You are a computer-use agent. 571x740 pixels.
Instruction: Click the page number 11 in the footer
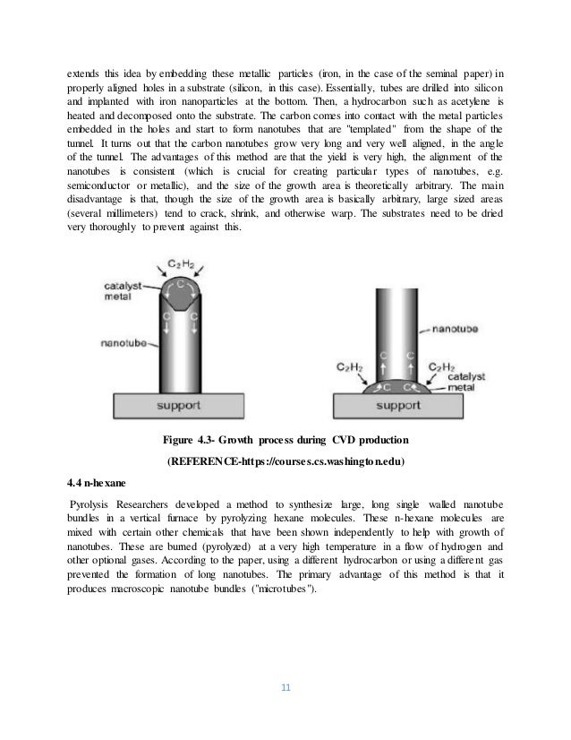[285, 688]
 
